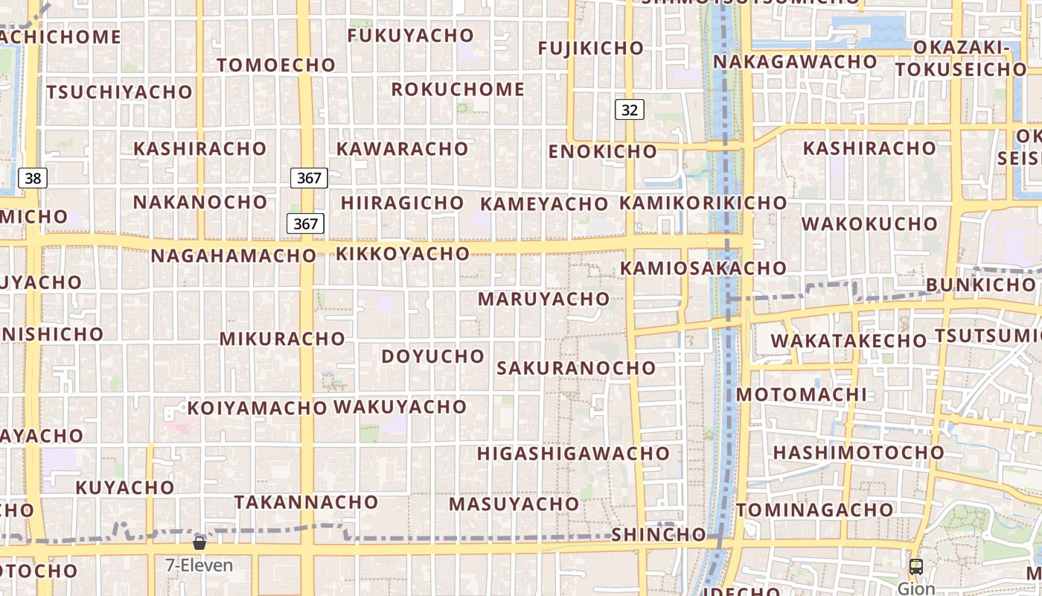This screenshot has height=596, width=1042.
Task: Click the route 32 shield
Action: pyautogui.click(x=629, y=110)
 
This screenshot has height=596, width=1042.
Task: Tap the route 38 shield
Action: pyautogui.click(x=33, y=178)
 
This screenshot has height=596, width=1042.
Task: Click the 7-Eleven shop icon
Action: pyautogui.click(x=199, y=542)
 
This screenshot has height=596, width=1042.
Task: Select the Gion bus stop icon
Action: pyautogui.click(x=916, y=567)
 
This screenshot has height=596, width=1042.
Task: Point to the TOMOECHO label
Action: pyautogui.click(x=276, y=65)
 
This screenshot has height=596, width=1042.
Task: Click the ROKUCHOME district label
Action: pyautogui.click(x=458, y=89)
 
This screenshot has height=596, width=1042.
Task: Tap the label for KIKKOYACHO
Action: pyautogui.click(x=403, y=253)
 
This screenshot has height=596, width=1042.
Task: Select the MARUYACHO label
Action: pyautogui.click(x=543, y=299)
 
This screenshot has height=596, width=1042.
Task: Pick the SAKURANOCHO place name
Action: pyautogui.click(x=576, y=367)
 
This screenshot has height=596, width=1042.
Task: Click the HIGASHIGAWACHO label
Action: pyautogui.click(x=573, y=453)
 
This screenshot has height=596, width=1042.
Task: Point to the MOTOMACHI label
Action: pyautogui.click(x=802, y=394)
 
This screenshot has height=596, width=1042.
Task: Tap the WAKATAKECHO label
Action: pyautogui.click(x=848, y=340)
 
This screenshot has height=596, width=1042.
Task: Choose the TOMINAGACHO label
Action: pyautogui.click(x=815, y=510)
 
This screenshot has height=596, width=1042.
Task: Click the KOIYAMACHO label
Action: pyautogui.click(x=257, y=408)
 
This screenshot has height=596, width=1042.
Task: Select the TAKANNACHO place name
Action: pyautogui.click(x=306, y=502)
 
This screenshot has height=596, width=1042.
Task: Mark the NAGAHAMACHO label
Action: pyautogui.click(x=234, y=256)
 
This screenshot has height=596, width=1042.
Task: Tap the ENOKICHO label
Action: pyautogui.click(x=603, y=151)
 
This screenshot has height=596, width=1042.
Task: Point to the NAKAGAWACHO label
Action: pyautogui.click(x=795, y=61)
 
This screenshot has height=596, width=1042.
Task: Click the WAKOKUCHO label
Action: pyautogui.click(x=869, y=223)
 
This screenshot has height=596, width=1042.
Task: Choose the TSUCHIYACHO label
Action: pyautogui.click(x=119, y=92)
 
